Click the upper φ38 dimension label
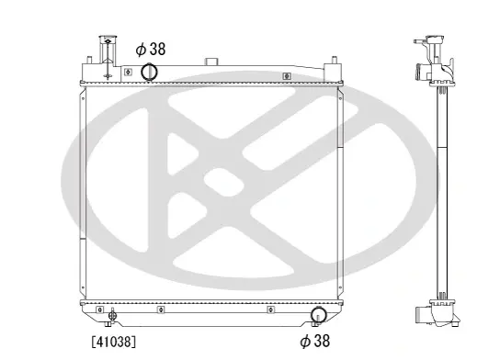click(151, 50)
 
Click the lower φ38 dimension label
click(314, 341)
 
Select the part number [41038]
click(114, 342)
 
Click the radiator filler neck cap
click(108, 38)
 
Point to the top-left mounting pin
click(89, 60)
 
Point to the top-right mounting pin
click(335, 60)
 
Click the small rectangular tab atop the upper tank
click(210, 62)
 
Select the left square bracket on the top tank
click(128, 72)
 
